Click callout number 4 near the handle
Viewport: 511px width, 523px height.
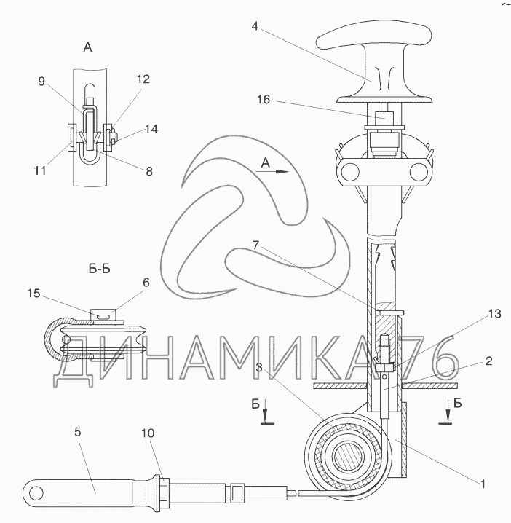[255, 26]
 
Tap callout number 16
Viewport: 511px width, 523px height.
[264, 99]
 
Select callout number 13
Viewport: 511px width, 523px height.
[495, 313]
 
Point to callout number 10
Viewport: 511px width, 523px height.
[148, 433]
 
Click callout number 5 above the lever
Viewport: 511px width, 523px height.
[78, 432]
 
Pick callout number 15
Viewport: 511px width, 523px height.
[33, 294]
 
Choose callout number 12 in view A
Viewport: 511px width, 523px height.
[143, 79]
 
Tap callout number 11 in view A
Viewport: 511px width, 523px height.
[40, 170]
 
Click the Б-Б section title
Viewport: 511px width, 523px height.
[99, 269]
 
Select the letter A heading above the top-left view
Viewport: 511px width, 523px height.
[87, 47]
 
